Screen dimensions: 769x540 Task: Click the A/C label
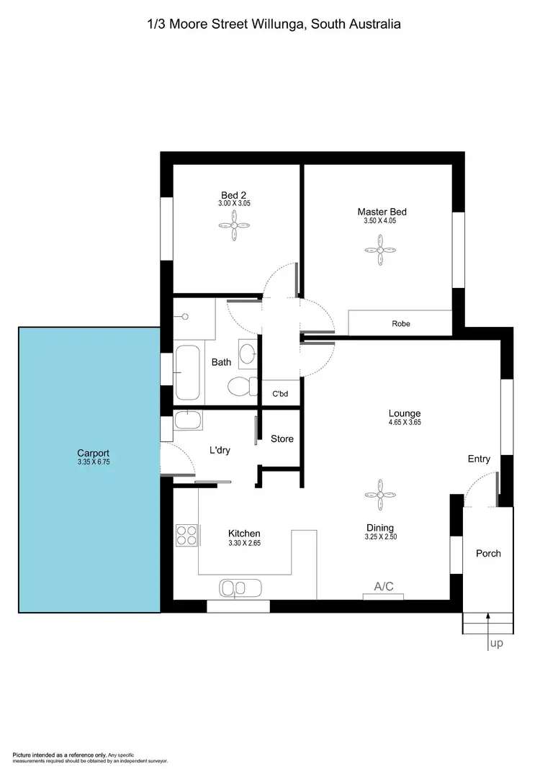384,586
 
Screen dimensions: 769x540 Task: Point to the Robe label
401,324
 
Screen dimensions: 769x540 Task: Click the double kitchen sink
233,588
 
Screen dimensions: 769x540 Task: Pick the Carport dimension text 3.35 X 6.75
94,462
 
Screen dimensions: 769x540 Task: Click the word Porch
488,553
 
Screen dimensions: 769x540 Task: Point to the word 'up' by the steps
496,644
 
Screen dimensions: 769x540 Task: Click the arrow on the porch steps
488,621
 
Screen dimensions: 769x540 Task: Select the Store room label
282,439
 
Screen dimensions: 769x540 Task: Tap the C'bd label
280,394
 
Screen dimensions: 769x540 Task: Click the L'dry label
220,450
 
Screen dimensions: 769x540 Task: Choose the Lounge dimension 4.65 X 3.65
405,423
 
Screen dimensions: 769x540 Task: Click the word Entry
479,459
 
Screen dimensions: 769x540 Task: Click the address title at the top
273,24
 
